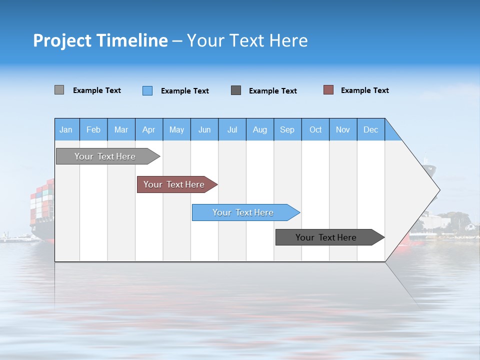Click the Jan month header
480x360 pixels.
coord(66,129)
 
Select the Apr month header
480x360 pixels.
coord(148,129)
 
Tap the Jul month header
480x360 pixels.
coord(232,129)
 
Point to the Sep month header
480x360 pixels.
coord(287,129)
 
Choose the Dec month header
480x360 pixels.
coord(370,129)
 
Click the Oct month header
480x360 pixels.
coord(315,129)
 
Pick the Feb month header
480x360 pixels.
coord(93,129)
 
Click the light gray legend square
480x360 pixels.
coord(59,90)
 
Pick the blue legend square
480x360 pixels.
coord(147,90)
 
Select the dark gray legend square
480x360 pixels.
coord(236,90)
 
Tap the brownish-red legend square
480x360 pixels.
coord(328,90)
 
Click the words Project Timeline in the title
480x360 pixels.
coord(100,40)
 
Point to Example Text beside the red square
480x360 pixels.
coord(364,90)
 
